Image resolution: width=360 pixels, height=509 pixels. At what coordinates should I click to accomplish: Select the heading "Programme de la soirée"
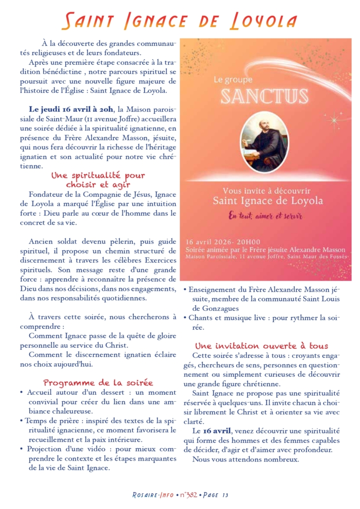coord(98,382)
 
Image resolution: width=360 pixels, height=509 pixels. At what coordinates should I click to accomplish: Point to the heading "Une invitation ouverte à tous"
coord(261,345)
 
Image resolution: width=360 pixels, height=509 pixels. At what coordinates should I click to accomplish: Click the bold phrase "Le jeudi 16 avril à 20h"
coord(72,109)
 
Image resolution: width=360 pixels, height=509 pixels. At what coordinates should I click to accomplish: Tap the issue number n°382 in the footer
coord(189,495)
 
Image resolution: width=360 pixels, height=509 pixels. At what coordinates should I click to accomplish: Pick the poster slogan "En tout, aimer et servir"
coord(265,215)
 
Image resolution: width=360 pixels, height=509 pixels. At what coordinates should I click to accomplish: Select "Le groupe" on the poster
coord(233,79)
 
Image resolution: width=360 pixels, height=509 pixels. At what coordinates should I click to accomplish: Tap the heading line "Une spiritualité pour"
coord(98,175)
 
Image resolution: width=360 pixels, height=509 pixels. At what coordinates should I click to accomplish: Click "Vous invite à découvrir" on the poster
coord(266,191)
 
